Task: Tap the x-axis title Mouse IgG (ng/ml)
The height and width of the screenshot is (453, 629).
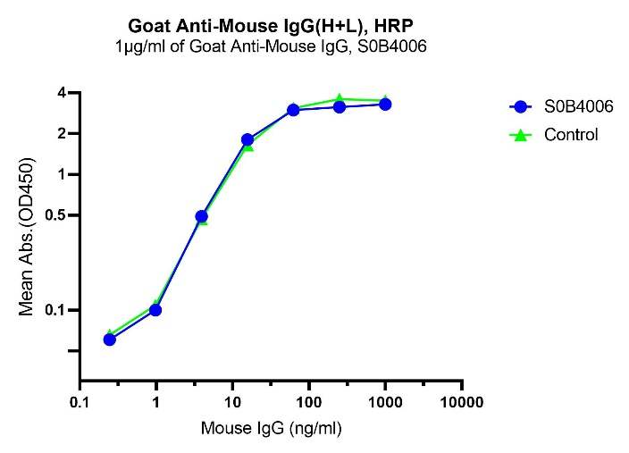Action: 271,428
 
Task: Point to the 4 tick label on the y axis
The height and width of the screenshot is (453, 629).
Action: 62,93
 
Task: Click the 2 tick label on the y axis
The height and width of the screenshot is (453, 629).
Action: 62,134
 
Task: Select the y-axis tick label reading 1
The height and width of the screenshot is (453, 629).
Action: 62,175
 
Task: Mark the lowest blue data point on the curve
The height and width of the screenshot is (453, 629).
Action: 110,339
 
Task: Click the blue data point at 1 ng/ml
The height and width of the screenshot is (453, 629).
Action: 155,310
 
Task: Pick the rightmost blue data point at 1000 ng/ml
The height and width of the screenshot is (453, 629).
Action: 385,105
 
